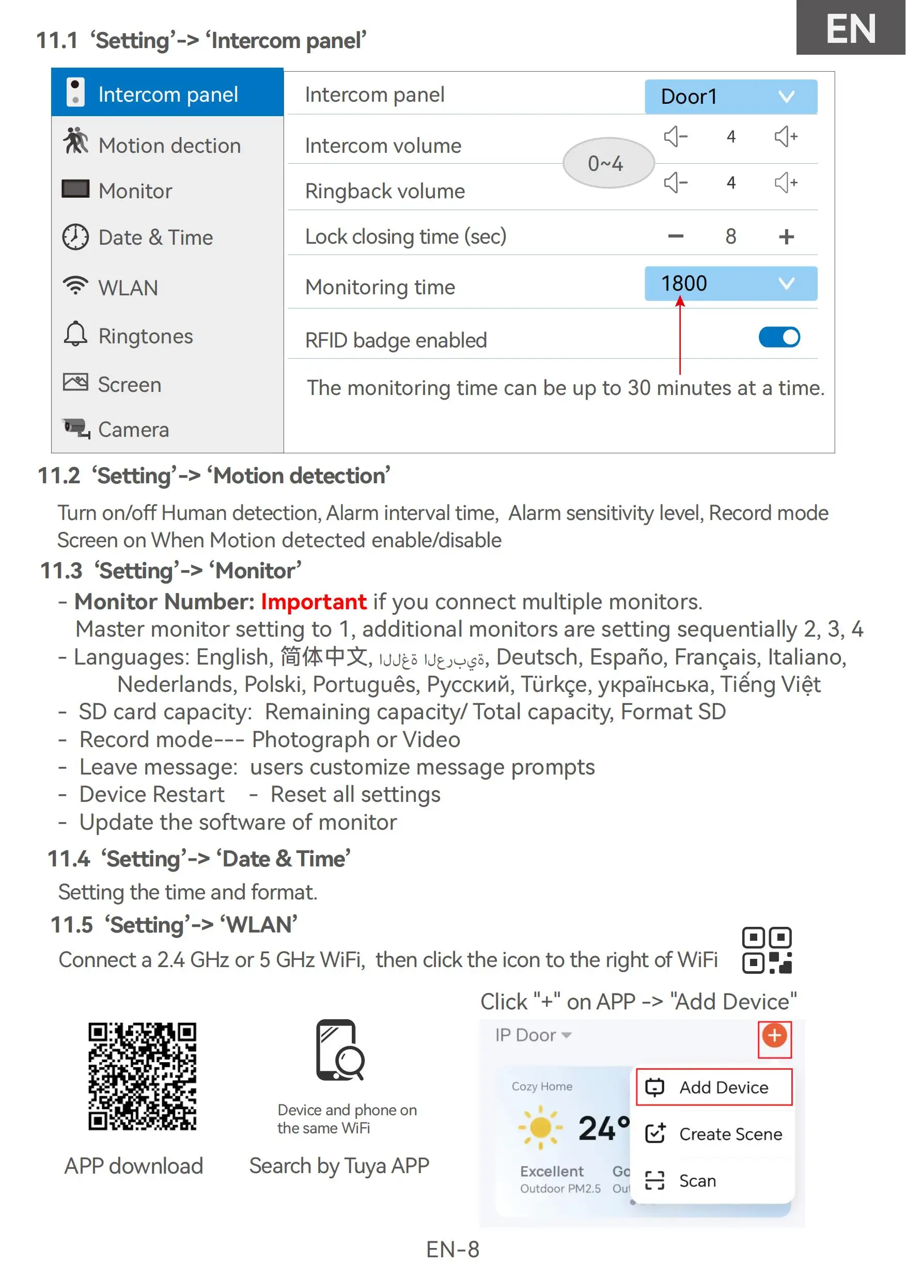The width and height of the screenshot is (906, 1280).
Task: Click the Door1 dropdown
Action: point(730,97)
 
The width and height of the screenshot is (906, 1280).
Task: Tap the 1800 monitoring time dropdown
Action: point(730,283)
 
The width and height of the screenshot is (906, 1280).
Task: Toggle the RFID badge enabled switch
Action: point(779,338)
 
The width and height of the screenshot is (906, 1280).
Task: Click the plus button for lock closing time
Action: point(786,237)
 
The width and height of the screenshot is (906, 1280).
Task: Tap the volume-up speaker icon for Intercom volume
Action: point(786,137)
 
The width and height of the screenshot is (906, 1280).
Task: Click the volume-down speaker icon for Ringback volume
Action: point(676,182)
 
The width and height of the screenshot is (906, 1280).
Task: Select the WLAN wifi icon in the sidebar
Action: point(75,286)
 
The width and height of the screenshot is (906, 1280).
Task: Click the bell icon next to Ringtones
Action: point(75,335)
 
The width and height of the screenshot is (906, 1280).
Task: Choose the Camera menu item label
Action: point(133,430)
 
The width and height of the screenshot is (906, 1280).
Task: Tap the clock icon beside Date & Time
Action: point(75,237)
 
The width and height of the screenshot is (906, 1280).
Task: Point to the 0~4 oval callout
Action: point(608,163)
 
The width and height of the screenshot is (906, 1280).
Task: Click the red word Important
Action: point(314,602)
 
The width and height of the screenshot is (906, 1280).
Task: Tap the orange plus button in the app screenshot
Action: point(774,1036)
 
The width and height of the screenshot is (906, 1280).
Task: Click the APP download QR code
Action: point(142,1077)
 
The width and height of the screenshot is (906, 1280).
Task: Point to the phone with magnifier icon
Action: point(340,1051)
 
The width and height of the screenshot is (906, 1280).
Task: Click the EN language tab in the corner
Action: point(850,28)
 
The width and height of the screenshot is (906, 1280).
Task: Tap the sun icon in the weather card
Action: point(540,1128)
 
